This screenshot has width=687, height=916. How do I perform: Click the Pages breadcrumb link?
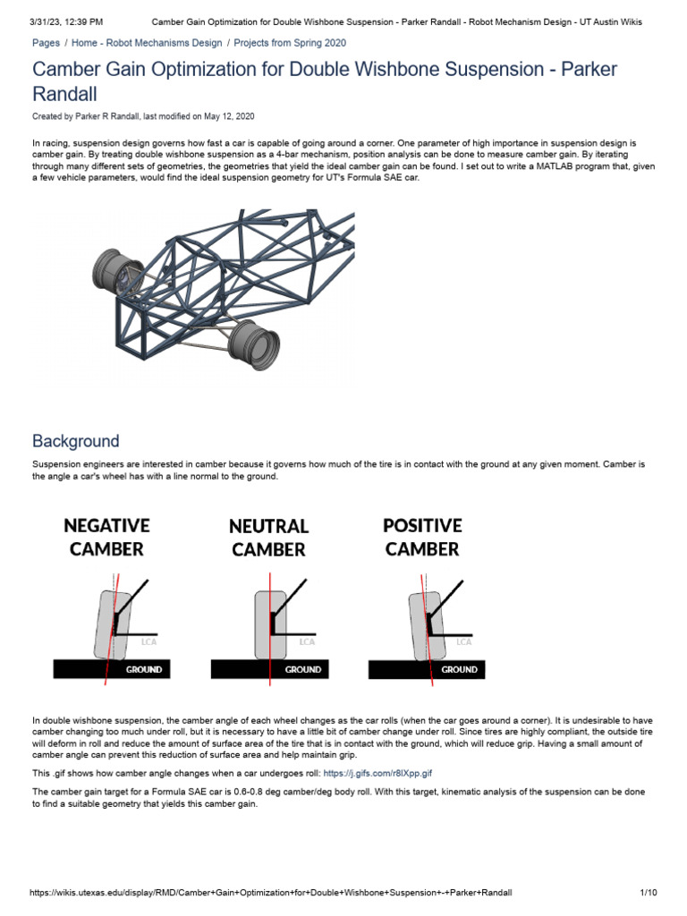click(46, 43)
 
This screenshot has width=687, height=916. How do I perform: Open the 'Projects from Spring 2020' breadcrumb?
click(290, 43)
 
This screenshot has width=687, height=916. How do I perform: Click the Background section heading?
click(75, 441)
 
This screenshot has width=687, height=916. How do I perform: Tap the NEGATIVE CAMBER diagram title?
click(106, 537)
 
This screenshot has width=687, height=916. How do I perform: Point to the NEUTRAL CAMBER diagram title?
click(268, 538)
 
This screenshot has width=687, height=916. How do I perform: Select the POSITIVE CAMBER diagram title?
click(422, 537)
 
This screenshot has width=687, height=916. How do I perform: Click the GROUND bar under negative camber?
click(112, 669)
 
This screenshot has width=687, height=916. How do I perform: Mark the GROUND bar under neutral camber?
click(269, 669)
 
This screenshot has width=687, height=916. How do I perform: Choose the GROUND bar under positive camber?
click(427, 669)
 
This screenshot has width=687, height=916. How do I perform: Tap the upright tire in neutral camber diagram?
click(268, 622)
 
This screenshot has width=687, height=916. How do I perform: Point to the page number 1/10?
click(649, 893)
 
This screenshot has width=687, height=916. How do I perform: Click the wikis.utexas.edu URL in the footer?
click(271, 893)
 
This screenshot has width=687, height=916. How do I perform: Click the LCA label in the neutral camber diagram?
click(307, 641)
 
